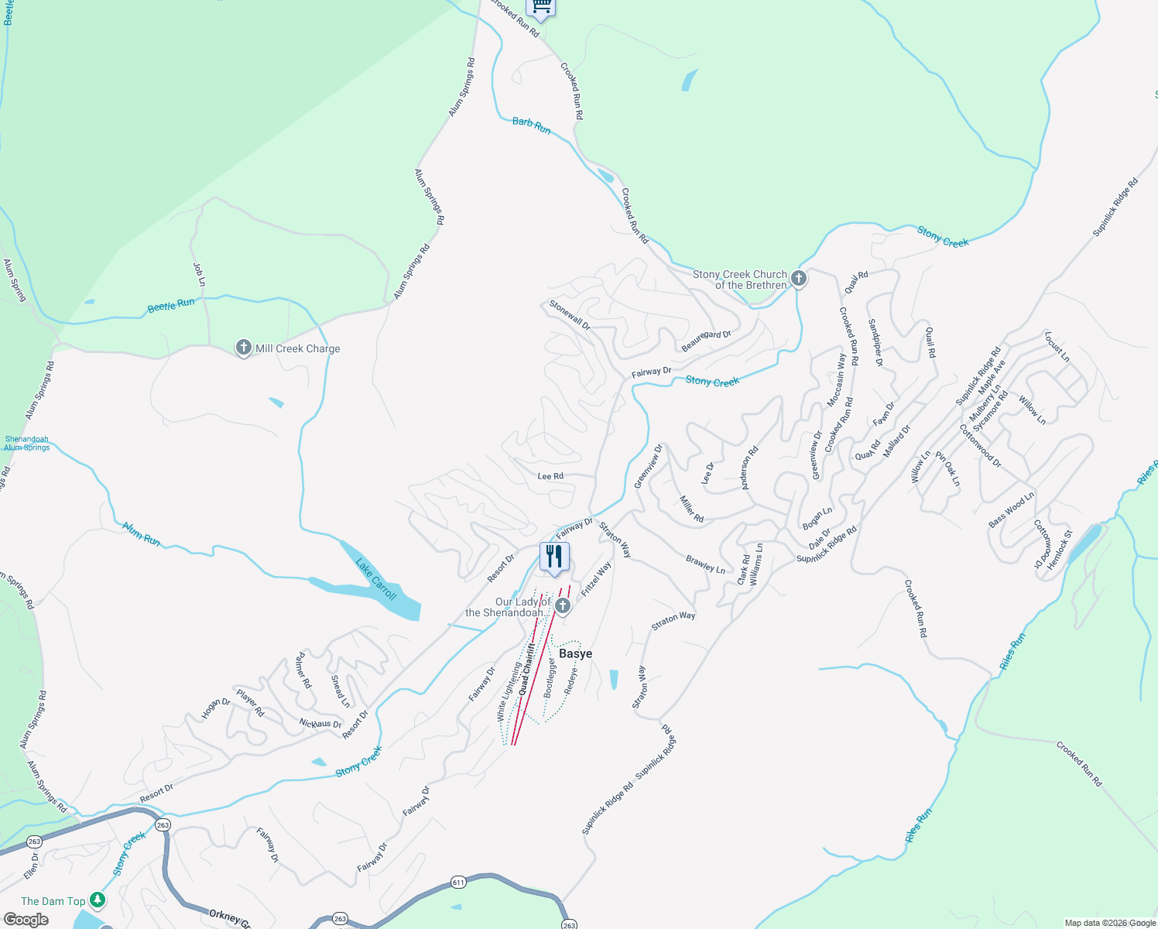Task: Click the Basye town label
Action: point(575,654)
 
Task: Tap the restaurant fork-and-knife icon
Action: point(554,557)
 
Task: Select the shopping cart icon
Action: point(541,7)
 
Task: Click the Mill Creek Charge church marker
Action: point(243,348)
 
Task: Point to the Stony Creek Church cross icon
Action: point(799,279)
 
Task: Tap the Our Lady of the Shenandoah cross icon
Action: point(563,605)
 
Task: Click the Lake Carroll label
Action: point(376,578)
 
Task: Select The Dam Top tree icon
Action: point(97,900)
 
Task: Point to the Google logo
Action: point(26,920)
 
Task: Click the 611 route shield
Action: point(458,883)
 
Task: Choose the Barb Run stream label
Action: point(531,125)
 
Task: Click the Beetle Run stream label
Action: point(171,305)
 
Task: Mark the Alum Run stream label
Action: point(141,533)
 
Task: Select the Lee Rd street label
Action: point(550,476)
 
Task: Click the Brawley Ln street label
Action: point(705,564)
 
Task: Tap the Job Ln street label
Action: point(199,275)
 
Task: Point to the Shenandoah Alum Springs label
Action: point(26,443)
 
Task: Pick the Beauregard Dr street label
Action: point(706,341)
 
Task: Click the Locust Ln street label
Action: point(1057,347)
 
